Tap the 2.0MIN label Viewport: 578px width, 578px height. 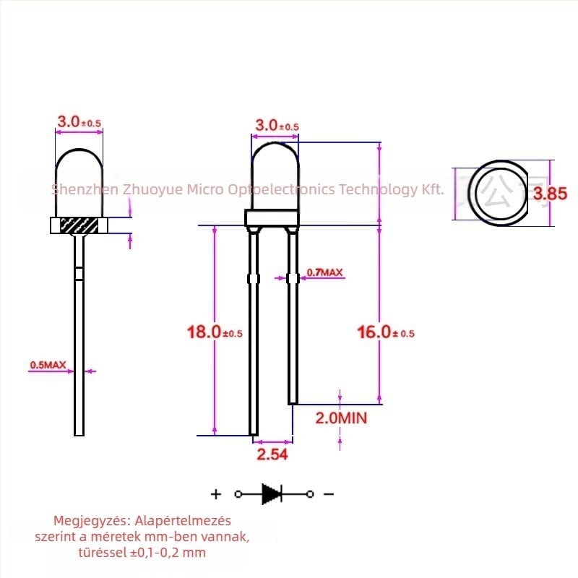pos(341,418)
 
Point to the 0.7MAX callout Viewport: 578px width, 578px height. pos(324,272)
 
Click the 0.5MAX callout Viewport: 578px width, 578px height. pos(48,366)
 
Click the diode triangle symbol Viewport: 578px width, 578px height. pos(272,494)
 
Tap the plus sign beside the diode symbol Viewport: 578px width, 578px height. pos(215,494)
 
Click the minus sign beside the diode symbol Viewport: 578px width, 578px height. pos(329,494)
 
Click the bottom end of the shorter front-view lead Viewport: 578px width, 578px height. pos(293,400)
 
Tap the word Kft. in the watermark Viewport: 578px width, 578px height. pos(433,189)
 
